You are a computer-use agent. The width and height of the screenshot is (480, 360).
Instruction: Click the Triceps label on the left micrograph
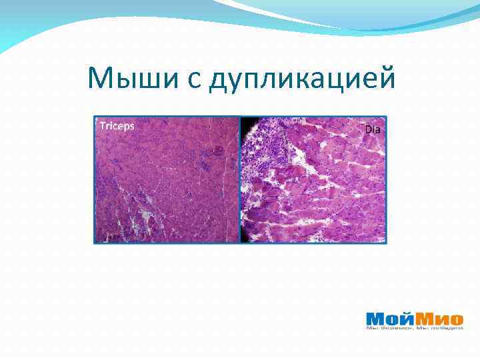click(117, 125)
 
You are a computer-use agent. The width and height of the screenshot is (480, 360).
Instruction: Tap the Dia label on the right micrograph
click(373, 129)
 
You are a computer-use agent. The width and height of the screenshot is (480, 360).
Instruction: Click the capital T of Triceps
click(102, 125)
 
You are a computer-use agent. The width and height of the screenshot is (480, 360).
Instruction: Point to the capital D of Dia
click(367, 129)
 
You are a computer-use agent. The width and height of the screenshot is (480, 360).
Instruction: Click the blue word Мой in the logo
click(388, 318)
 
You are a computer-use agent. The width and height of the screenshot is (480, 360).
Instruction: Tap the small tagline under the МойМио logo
click(415, 328)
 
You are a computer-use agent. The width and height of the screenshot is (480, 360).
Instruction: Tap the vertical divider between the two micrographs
click(240, 180)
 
